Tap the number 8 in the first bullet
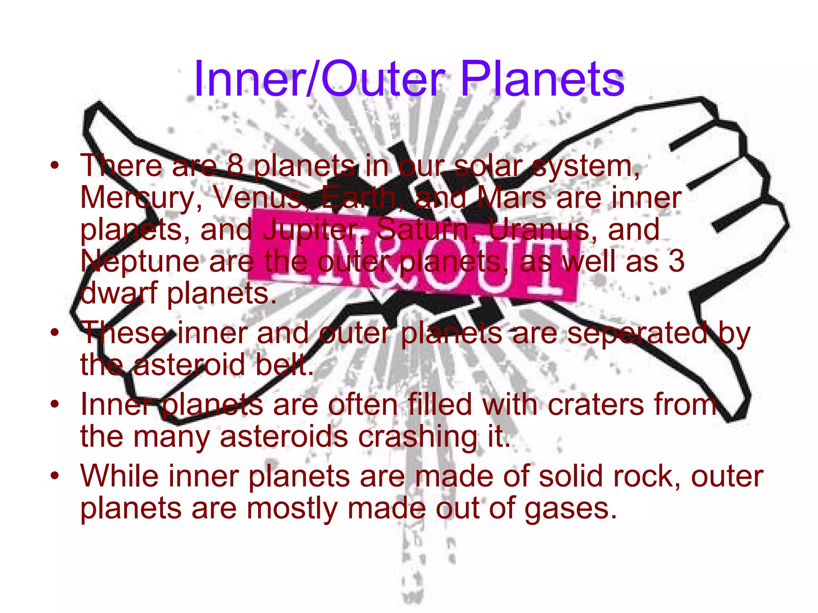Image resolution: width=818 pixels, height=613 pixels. click(235, 165)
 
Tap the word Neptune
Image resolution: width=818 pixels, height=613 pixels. click(140, 262)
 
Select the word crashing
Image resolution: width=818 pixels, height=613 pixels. click(417, 437)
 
